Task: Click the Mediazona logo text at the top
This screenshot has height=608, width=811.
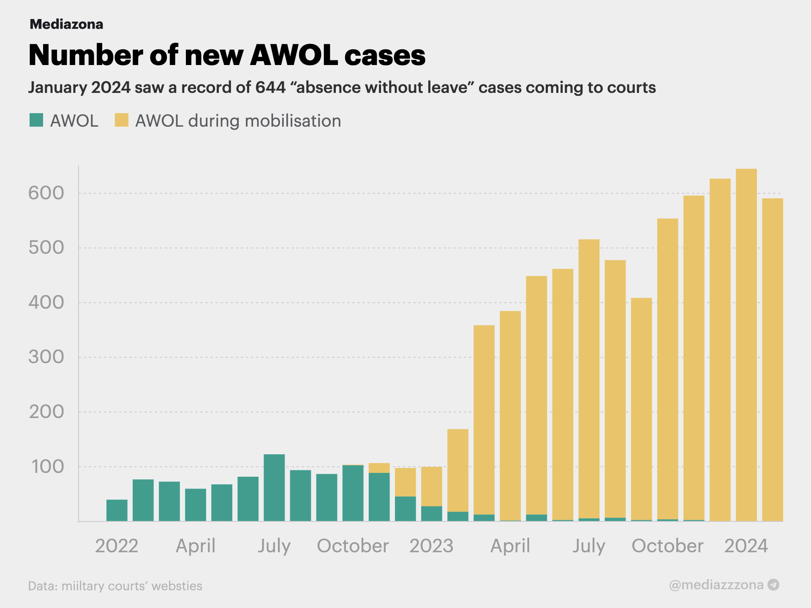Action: pos(66,24)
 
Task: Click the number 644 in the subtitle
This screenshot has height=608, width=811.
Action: pos(270,87)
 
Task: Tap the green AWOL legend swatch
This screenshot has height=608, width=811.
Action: pos(36,120)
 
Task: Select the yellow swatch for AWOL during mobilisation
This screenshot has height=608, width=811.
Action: pos(122,120)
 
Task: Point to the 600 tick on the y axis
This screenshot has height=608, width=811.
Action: pos(46,193)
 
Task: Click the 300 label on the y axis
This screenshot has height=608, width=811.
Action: pos(46,357)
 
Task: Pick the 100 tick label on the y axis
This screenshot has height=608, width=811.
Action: pos(47,467)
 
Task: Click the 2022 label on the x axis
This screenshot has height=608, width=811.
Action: pos(117,546)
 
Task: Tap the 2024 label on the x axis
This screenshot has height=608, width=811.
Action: pos(746,546)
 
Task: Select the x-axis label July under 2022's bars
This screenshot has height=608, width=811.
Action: pos(274,546)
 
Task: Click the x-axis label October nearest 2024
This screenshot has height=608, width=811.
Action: pos(667,546)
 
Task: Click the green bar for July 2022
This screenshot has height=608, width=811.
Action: pos(274,488)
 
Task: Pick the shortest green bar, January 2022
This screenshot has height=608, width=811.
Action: pos(117,510)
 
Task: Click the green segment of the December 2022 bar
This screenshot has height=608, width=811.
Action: pos(405,509)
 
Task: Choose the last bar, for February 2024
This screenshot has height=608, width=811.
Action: pos(773,359)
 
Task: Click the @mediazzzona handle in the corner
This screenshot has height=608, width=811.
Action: pos(716,585)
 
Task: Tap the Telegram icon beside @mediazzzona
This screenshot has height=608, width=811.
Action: pos(773,585)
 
